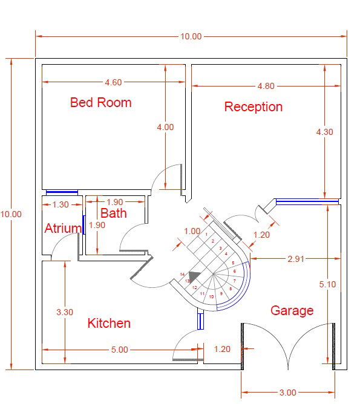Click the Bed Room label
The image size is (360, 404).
pyautogui.click(x=100, y=102)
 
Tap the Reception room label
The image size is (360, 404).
pyautogui.click(x=253, y=107)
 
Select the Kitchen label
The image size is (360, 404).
pyautogui.click(x=109, y=323)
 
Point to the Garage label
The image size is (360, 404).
pyautogui.click(x=292, y=311)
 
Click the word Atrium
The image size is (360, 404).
pyautogui.click(x=63, y=229)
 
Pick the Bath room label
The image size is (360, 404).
pyautogui.click(x=113, y=213)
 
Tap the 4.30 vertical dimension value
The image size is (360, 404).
pyautogui.click(x=325, y=132)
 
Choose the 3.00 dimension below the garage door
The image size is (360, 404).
pyautogui.click(x=288, y=393)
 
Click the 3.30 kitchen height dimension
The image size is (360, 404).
pyautogui.click(x=65, y=313)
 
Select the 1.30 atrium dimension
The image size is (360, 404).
pyautogui.click(x=61, y=204)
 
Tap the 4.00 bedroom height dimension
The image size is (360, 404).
pyautogui.click(x=165, y=127)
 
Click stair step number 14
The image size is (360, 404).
pyautogui.click(x=182, y=275)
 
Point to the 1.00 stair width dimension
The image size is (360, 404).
pyautogui.click(x=192, y=231)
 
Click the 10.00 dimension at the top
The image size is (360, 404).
pyautogui.click(x=191, y=36)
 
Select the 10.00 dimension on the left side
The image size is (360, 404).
pyautogui.click(x=11, y=213)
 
